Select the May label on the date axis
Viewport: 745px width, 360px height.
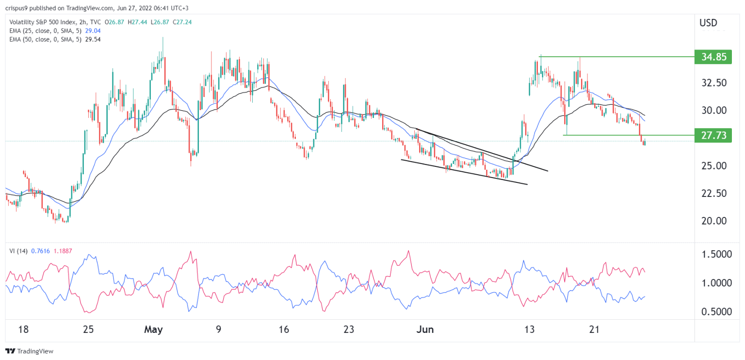click(x=153, y=330)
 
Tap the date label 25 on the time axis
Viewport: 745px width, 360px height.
click(x=88, y=330)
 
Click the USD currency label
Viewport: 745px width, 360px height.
click(x=708, y=23)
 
